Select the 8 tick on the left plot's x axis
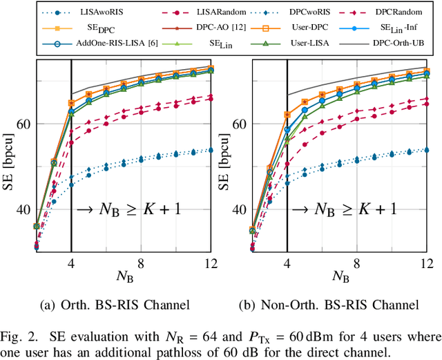coord(141,263)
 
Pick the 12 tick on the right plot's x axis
coord(427,263)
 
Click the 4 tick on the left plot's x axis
coord(71,263)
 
